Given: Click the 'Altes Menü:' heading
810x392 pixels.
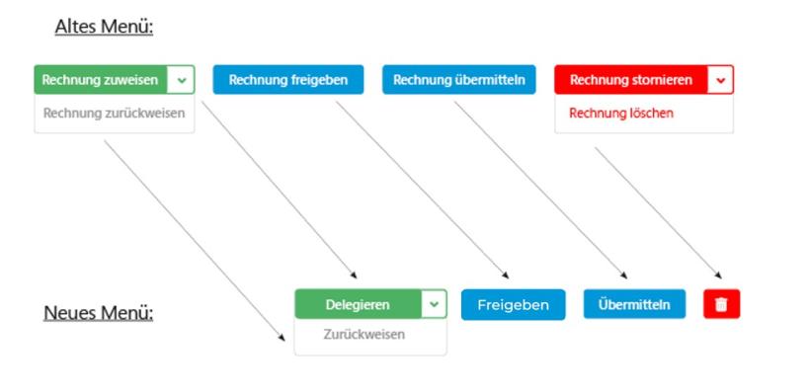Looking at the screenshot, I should [104, 26].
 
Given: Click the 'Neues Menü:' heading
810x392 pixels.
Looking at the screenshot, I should [98, 313].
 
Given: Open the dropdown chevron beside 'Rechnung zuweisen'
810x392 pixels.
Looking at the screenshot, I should [181, 80].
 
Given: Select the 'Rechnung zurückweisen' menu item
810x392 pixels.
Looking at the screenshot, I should [114, 113].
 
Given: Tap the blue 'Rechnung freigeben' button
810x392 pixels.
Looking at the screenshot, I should [287, 80].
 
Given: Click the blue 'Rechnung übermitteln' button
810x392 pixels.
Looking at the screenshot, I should [458, 80].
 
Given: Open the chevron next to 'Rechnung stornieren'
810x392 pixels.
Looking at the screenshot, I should [721, 80].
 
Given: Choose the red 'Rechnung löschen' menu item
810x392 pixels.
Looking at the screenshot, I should [621, 113].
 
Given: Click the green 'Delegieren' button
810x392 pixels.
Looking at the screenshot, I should [358, 305].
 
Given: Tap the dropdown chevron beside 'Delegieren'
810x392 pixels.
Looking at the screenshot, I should [434, 305].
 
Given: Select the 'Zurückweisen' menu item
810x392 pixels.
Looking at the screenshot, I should [364, 335].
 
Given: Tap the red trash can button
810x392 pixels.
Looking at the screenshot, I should [721, 304].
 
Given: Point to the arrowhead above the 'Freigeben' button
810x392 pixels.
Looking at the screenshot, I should [506, 275].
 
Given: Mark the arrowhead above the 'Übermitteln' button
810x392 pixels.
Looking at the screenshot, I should [624, 275].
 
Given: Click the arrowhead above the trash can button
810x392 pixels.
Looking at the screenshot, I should [718, 276].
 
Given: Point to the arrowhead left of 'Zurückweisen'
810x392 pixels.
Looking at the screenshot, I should [281, 333].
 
